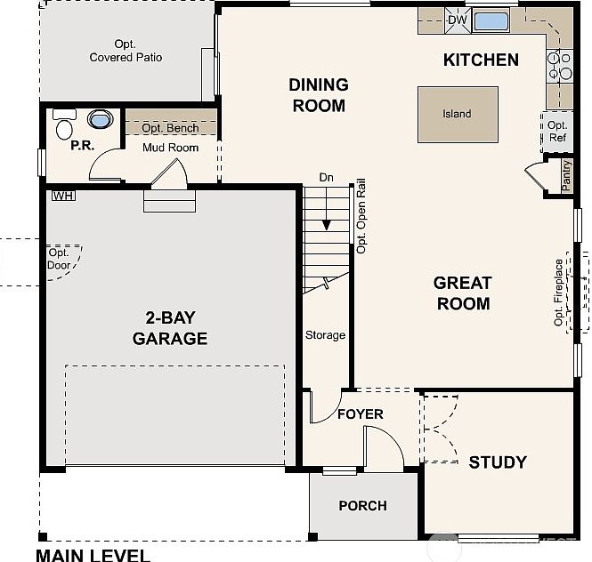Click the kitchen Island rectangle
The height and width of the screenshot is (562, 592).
(x=458, y=115)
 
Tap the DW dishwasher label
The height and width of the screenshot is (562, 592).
(x=457, y=20)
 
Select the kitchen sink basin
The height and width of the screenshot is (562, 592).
(x=491, y=20)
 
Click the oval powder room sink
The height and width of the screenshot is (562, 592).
(x=99, y=119)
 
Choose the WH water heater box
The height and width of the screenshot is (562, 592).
(x=62, y=195)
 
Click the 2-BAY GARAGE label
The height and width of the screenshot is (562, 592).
(x=170, y=328)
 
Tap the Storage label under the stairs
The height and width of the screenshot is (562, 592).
(x=325, y=335)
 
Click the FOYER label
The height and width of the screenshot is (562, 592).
(x=360, y=414)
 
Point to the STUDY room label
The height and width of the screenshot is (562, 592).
(x=498, y=462)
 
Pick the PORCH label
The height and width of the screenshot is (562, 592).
(x=362, y=505)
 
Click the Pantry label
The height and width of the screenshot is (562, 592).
(x=566, y=175)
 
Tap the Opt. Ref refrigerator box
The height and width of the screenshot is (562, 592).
(x=557, y=132)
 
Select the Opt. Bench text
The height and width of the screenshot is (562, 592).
(x=170, y=128)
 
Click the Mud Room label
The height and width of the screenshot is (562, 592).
(x=170, y=148)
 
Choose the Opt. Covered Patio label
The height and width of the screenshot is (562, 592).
(x=126, y=51)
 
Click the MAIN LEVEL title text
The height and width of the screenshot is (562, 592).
(x=93, y=555)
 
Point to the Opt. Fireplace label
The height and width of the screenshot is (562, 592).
(x=559, y=293)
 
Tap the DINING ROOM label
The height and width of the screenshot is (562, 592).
(x=318, y=95)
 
